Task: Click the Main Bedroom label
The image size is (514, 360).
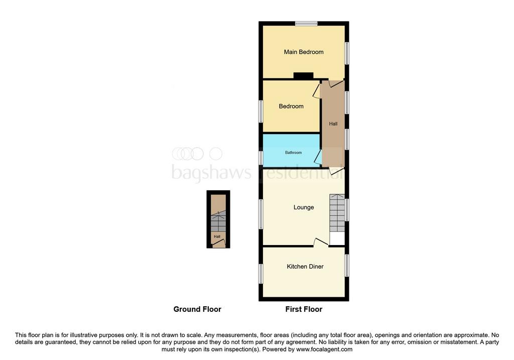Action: [x=304, y=52]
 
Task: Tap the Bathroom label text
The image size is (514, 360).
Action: [x=293, y=153]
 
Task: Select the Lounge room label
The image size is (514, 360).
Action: [x=304, y=207]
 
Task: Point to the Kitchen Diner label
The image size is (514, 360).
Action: [x=305, y=267]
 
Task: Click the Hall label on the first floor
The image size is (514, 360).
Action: [x=333, y=124]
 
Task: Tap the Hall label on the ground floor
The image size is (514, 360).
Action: [x=217, y=236]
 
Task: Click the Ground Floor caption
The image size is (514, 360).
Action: [x=197, y=309]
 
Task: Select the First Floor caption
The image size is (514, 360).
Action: [x=304, y=309]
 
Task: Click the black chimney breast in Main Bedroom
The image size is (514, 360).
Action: [x=303, y=76]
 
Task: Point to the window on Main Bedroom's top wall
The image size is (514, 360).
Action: [x=306, y=23]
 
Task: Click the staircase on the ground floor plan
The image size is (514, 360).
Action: [x=218, y=221]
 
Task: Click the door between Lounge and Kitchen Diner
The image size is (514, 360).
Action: [x=321, y=242]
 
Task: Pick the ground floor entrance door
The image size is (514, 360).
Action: [x=218, y=243]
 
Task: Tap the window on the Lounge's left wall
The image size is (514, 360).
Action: [x=261, y=214]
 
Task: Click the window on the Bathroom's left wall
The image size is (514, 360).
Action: [x=261, y=158]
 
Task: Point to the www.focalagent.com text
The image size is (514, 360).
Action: [x=324, y=349]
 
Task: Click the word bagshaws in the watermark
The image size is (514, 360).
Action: [x=211, y=173]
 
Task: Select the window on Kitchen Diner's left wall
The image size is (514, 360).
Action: [x=261, y=274]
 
